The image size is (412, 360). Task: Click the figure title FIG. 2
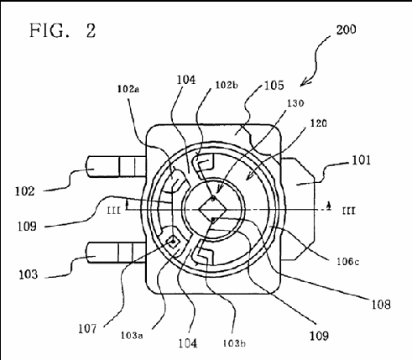(63, 30)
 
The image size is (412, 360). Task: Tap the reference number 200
(346, 29)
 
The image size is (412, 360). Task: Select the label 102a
(128, 89)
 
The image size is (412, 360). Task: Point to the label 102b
(227, 85)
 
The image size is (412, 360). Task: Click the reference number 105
(274, 86)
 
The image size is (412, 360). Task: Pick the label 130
(295, 103)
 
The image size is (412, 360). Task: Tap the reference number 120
(319, 123)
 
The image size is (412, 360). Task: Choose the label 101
(361, 160)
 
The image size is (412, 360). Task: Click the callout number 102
(24, 191)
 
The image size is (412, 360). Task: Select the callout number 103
(28, 274)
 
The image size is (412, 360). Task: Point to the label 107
(87, 329)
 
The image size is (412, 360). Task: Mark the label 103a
(132, 335)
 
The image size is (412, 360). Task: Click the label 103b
(234, 343)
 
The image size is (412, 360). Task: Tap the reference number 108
(381, 304)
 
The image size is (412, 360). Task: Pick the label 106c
(348, 262)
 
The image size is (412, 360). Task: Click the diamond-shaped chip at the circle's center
(212, 209)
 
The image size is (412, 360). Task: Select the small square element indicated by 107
(173, 241)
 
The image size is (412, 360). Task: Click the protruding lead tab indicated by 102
(117, 167)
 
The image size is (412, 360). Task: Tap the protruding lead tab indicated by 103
(117, 253)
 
